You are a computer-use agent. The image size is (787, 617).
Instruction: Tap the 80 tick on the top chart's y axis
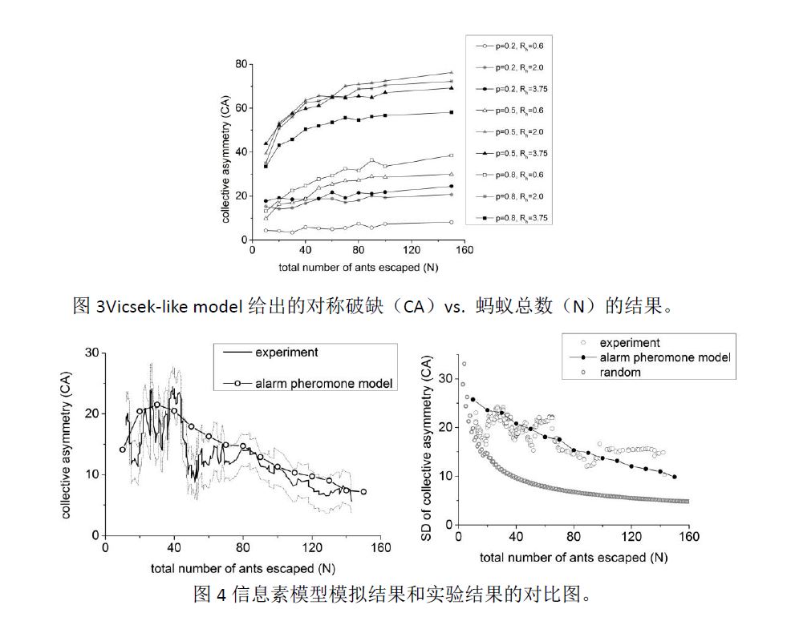pyautogui.click(x=239, y=64)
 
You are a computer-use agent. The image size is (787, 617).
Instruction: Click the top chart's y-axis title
pyautogui.click(x=228, y=152)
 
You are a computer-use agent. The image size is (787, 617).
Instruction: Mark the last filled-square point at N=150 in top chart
pyautogui.click(x=452, y=112)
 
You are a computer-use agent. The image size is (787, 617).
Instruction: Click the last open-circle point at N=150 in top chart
pyautogui.click(x=452, y=222)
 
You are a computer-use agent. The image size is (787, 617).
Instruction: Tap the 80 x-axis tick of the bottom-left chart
pyautogui.click(x=243, y=548)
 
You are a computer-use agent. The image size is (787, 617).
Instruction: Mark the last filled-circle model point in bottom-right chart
pyautogui.click(x=675, y=477)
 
